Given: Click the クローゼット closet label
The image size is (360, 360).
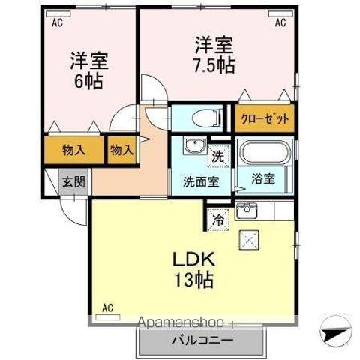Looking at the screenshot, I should point(264,118).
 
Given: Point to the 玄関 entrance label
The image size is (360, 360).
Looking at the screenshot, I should point(73,181).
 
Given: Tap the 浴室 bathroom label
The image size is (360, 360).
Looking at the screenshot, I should point(262,180).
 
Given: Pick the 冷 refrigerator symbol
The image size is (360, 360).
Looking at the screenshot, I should point(217,220).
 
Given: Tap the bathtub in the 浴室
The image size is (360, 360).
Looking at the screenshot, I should point(265,155).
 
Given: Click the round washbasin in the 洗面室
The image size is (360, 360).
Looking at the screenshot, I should point(190,145).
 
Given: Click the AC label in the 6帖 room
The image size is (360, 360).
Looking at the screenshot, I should point(56,23).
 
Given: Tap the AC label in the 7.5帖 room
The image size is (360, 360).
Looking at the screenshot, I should point(280,23).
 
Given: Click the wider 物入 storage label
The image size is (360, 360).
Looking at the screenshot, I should point(73,149).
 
